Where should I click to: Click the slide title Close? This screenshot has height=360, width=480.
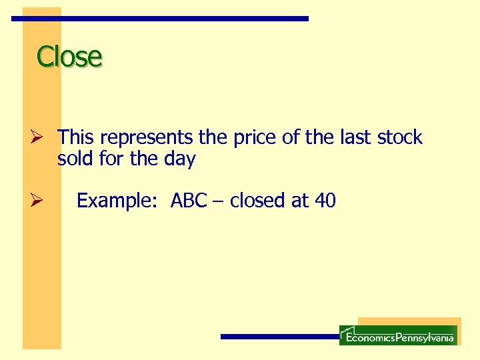coord(69,57)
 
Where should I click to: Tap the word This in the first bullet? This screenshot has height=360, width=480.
coord(76,138)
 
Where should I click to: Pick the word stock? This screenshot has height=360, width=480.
coord(400,138)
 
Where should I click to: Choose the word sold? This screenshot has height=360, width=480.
coord(75,159)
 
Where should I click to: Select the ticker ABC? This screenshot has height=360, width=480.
coord(189,201)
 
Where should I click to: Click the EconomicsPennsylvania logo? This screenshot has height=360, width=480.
coord(398,335)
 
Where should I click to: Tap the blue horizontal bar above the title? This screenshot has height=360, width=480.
coord(160,19)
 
